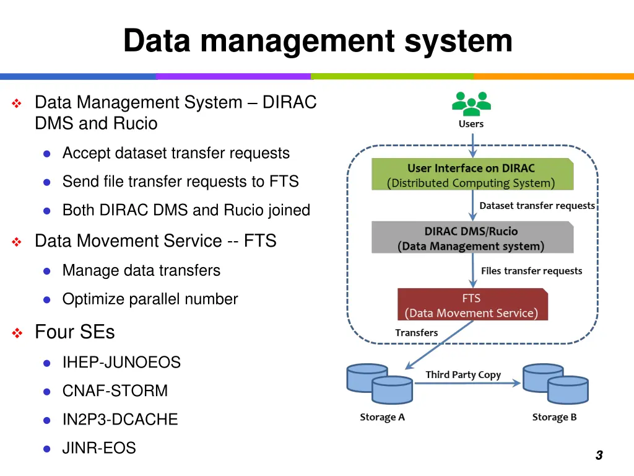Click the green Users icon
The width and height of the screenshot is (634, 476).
click(471, 104)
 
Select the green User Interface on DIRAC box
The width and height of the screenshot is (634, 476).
click(472, 175)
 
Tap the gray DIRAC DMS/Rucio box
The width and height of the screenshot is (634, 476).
click(472, 238)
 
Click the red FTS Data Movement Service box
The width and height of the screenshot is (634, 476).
click(472, 305)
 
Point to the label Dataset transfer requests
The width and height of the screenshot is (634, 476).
click(537, 206)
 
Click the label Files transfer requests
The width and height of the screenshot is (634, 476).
click(531, 271)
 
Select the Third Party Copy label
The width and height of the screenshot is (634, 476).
click(463, 374)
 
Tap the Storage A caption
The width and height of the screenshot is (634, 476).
click(382, 417)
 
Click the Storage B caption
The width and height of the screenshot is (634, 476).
click(554, 417)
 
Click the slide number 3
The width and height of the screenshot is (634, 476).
click(599, 456)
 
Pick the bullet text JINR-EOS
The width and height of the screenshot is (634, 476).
click(99, 448)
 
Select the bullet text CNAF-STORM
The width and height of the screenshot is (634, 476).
click(115, 391)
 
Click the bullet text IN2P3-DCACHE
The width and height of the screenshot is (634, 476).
click(120, 420)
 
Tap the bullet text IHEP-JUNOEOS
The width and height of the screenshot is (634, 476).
click(121, 363)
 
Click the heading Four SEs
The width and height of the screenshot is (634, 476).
click(74, 332)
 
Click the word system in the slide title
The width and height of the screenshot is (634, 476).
click(458, 41)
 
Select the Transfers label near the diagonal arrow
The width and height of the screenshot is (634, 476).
click(416, 333)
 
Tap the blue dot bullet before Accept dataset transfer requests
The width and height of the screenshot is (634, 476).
click(46, 154)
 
